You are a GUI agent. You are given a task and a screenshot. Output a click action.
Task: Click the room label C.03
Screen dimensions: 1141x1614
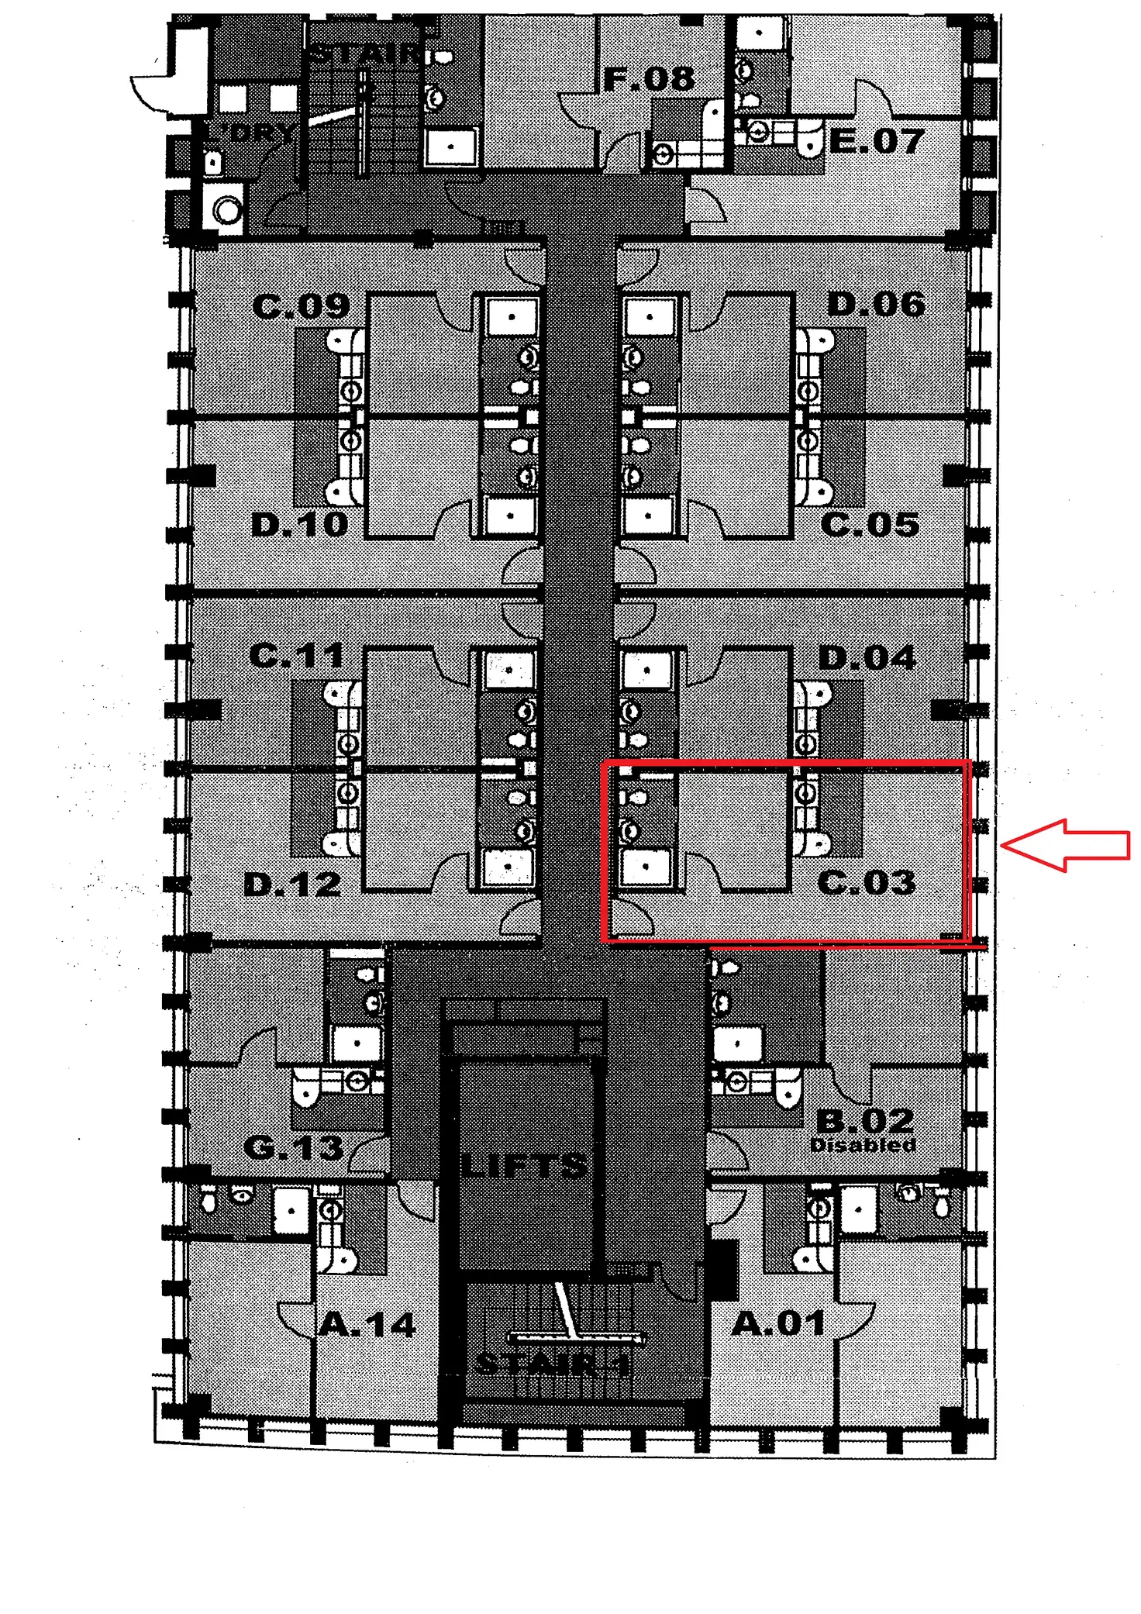867,882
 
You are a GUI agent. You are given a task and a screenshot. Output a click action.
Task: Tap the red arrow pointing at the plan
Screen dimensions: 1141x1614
1066,845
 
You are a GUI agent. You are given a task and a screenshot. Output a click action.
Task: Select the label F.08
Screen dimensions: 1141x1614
649,79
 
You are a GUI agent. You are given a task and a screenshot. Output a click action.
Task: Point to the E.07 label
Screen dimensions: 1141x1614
877,141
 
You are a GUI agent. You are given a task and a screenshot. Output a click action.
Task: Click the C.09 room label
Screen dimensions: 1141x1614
301,307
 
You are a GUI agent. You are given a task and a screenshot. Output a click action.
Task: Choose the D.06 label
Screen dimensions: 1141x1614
877,305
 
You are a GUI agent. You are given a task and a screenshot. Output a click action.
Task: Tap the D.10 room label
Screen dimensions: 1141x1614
300,525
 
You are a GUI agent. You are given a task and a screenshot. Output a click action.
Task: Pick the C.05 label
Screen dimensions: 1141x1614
870,525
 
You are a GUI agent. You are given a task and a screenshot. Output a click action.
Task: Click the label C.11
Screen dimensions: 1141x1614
297,656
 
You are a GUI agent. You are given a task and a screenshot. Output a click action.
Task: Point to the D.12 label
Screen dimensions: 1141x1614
292,884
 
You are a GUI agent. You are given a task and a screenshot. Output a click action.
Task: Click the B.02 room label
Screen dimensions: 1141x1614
865,1120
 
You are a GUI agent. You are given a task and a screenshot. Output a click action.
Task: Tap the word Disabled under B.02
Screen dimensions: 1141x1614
863,1145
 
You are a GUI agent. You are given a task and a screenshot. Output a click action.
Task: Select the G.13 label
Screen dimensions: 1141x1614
293,1147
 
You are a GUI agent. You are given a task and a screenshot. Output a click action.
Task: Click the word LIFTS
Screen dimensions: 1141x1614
524,1165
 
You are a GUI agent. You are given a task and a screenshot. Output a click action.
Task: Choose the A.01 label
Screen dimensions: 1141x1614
778,1323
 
